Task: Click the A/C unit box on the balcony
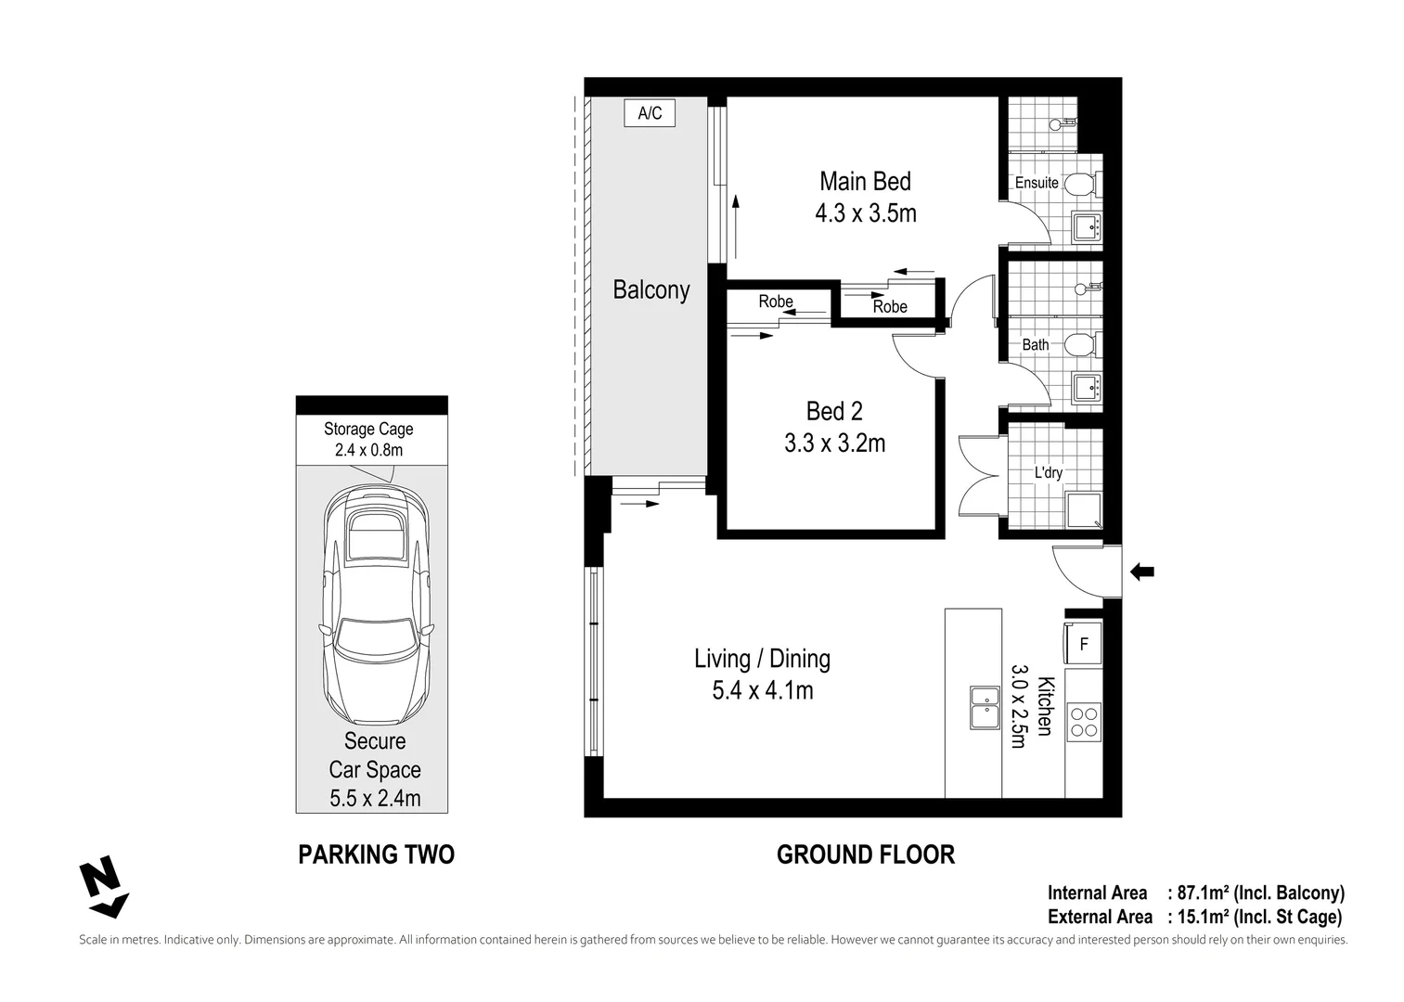[650, 113]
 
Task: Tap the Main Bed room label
[865, 181]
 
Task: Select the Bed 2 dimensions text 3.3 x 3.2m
[834, 443]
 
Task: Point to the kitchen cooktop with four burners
[1083, 722]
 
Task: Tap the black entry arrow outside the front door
[1141, 572]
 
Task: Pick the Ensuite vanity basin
[1086, 225]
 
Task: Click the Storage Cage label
[368, 429]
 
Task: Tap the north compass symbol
[103, 886]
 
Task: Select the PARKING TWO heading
[376, 854]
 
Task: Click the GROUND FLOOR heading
[865, 854]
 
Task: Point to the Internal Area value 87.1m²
[1204, 893]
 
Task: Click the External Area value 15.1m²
[1204, 918]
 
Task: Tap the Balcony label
[651, 290]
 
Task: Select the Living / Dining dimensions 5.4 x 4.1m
[763, 691]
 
